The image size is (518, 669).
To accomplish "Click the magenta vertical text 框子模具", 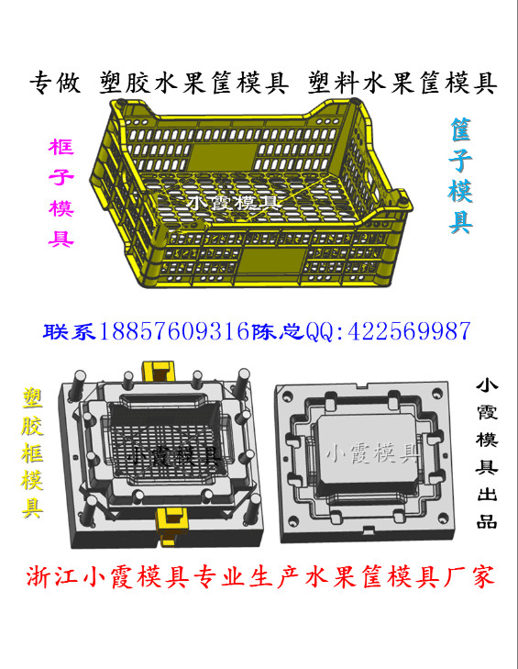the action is (61, 193).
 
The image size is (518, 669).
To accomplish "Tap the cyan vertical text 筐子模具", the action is (460, 176).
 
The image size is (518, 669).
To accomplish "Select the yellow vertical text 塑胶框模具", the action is (33, 452).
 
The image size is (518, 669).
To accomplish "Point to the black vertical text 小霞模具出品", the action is (487, 453).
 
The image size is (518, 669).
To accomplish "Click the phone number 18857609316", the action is (174, 331).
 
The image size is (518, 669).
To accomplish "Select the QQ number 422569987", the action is (410, 331).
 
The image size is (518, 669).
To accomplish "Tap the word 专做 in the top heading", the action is (55, 83).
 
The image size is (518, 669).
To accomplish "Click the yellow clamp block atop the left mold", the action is (159, 372).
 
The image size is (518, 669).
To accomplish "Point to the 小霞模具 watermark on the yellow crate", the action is (234, 202).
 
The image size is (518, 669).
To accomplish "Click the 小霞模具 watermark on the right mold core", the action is (371, 452).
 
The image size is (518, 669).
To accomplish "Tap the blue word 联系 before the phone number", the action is (70, 331).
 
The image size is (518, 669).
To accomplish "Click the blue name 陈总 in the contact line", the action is (278, 331).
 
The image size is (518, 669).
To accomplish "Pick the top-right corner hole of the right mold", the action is (437, 393).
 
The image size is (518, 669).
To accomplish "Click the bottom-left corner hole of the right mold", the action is (293, 520).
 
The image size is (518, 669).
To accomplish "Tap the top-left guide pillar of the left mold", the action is (80, 383).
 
